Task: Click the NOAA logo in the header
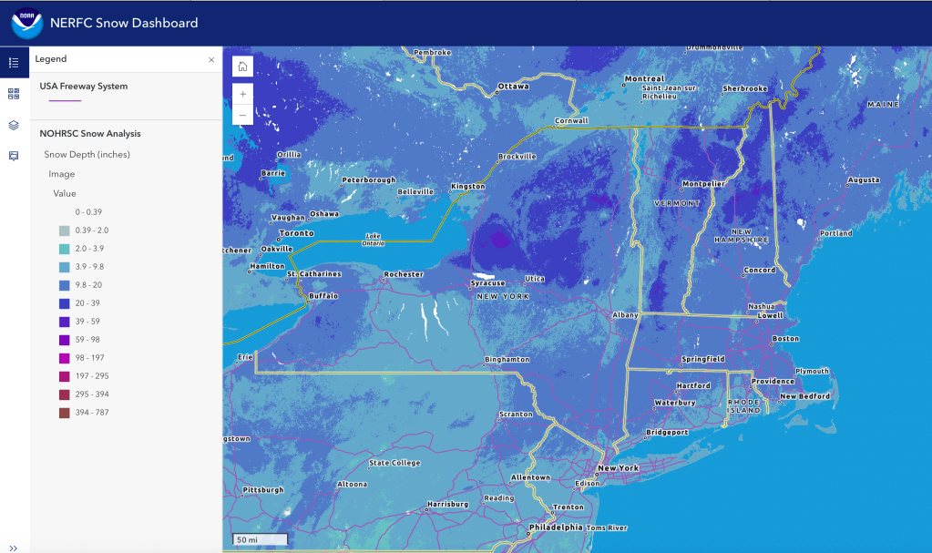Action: [26, 23]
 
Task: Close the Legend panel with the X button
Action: [211, 59]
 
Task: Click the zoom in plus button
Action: [242, 93]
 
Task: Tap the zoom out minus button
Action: [242, 115]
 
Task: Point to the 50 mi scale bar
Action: [261, 539]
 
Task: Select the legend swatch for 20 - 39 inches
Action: [64, 303]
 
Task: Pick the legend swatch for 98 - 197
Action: [64, 358]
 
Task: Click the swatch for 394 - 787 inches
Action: [64, 413]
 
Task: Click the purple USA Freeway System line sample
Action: [66, 100]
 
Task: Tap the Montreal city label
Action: [644, 79]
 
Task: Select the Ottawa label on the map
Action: [512, 87]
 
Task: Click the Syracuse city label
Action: [487, 283]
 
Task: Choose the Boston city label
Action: [785, 339]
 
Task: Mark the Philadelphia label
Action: [556, 527]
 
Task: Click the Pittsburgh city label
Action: [263, 490]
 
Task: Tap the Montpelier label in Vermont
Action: [703, 184]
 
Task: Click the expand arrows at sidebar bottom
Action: [14, 547]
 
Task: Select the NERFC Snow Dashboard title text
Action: [125, 23]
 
